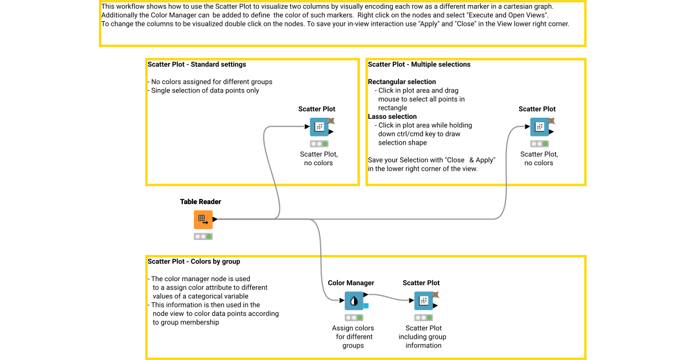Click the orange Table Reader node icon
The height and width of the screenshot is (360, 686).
tap(203, 219)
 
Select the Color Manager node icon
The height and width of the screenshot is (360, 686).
tap(354, 301)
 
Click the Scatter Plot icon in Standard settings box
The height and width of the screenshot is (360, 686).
tap(319, 127)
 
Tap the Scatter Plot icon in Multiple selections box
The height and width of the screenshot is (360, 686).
tap(539, 127)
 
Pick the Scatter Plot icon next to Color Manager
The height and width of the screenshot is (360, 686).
tap(424, 301)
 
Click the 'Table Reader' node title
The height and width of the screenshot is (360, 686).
tap(200, 202)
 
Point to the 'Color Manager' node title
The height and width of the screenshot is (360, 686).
tap(351, 283)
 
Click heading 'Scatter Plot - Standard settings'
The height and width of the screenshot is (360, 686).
tap(197, 65)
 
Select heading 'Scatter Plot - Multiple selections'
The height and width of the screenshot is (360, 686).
tap(419, 65)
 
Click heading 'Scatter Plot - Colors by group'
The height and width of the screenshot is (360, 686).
tap(194, 262)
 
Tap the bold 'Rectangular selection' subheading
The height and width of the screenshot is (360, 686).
tap(402, 82)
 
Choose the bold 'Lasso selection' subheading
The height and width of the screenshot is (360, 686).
tap(392, 117)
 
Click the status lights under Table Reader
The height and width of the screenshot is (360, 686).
tap(203, 236)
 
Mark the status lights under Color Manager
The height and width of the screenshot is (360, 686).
tap(354, 317)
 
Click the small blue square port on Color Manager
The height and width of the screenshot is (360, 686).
tap(366, 306)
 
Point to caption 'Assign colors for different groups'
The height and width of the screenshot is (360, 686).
tap(353, 337)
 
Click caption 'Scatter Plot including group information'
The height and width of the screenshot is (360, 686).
tap(423, 337)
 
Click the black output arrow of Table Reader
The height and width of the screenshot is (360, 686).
tap(215, 219)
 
